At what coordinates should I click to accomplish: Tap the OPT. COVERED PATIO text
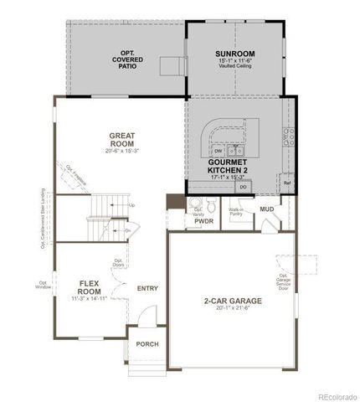[127, 59]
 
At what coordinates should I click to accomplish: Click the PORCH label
[147, 344]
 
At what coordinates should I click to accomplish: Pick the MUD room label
[265, 209]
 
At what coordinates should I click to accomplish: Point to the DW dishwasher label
[217, 151]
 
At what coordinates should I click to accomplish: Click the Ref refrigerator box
[286, 182]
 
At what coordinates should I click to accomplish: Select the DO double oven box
[242, 188]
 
